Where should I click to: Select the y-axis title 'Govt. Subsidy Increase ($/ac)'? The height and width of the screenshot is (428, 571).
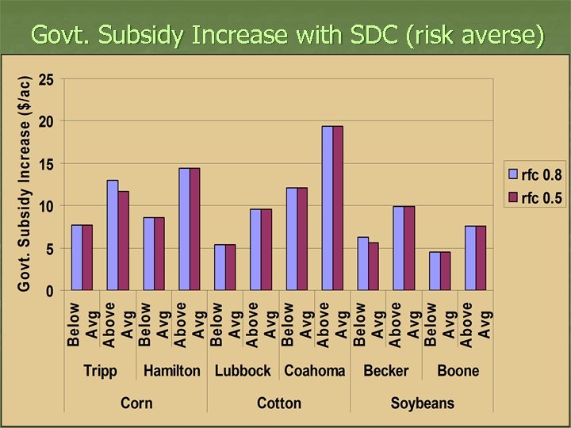(25, 183)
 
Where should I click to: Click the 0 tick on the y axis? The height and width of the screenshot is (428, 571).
(49, 291)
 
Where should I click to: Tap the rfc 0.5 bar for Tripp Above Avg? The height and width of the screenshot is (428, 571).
(123, 241)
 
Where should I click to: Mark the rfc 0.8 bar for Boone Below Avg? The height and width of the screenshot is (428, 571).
(435, 271)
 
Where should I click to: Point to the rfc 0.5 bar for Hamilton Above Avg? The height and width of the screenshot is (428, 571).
(194, 229)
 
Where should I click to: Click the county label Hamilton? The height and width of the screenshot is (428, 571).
(172, 371)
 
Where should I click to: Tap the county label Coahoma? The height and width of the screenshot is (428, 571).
(315, 371)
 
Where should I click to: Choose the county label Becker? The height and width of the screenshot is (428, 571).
(386, 371)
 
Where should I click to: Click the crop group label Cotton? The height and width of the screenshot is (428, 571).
(279, 403)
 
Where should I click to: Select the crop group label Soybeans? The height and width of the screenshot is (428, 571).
(422, 403)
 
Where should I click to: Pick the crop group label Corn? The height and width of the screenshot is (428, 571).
(136, 403)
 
